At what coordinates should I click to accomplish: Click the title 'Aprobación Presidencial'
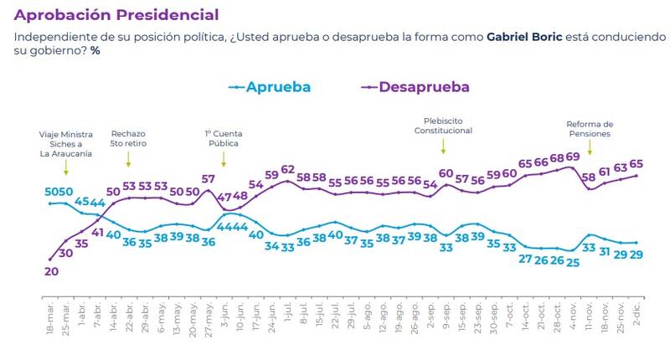click(x=116, y=15)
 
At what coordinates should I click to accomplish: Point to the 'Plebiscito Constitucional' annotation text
click(x=443, y=126)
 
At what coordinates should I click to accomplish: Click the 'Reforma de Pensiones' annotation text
click(x=590, y=128)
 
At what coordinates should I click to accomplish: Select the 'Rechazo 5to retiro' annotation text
click(x=127, y=137)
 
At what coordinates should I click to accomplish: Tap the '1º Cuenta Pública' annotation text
click(x=222, y=137)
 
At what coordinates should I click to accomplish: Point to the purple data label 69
click(x=573, y=157)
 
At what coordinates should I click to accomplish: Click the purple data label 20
click(x=50, y=270)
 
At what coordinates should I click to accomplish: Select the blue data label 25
click(x=573, y=262)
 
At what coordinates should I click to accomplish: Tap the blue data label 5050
click(x=58, y=192)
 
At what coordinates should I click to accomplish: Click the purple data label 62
click(x=288, y=170)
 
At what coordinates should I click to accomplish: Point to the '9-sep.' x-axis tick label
click(x=446, y=319)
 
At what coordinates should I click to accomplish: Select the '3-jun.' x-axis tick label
click(x=224, y=319)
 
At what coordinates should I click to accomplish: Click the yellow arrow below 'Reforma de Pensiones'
click(x=590, y=147)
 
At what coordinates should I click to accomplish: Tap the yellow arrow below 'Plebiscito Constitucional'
click(x=443, y=146)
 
